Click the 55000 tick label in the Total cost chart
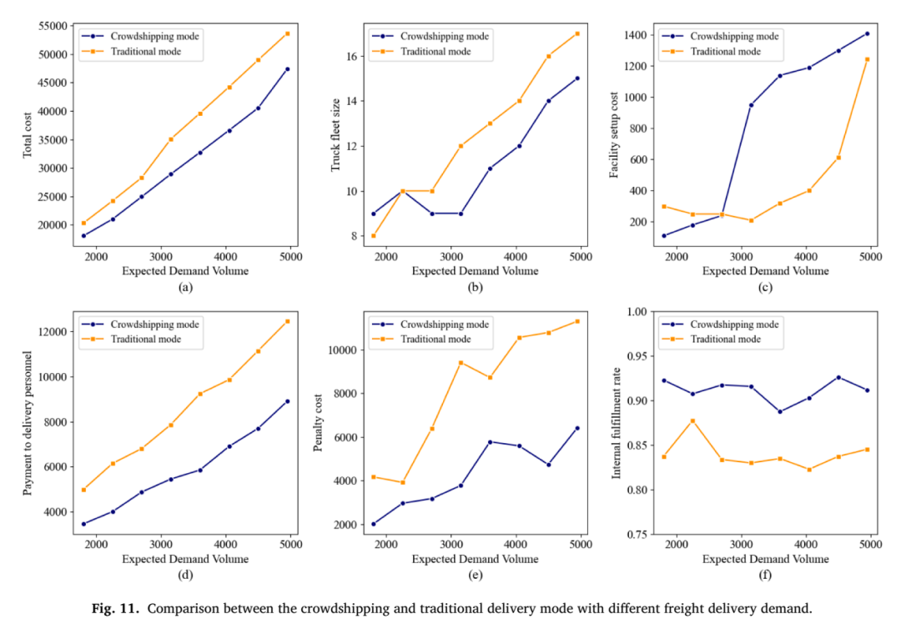click(53, 26)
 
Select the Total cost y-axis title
click(27, 136)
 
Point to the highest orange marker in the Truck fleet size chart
click(577, 34)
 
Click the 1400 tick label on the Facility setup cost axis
click(636, 35)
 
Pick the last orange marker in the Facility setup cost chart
click(867, 59)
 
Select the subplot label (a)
click(185, 288)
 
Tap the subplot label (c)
click(765, 288)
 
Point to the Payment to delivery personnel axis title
click(27, 423)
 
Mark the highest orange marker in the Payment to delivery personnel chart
click(287, 321)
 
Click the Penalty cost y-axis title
click(318, 423)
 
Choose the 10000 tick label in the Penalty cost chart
click(343, 350)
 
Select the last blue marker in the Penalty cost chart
click(577, 428)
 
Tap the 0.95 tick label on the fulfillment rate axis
click(637, 356)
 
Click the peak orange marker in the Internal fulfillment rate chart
click(692, 420)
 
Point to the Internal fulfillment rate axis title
click(617, 423)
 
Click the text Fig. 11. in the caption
click(115, 609)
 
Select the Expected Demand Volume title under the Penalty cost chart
click(476, 559)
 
